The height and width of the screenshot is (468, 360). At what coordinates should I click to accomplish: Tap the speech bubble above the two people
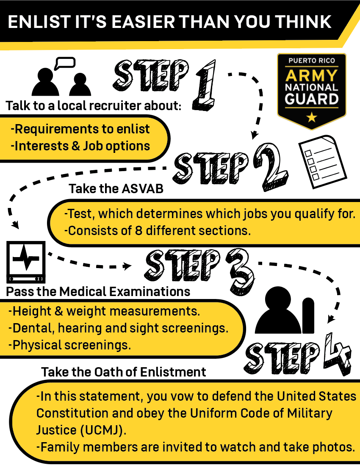pos(65,63)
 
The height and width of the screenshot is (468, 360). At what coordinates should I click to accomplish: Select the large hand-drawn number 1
pos(205,85)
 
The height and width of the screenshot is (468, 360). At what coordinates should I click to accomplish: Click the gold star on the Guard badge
pos(312,117)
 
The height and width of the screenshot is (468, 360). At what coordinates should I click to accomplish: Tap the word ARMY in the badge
pos(312,75)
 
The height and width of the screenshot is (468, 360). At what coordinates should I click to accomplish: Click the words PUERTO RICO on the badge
pos(312,61)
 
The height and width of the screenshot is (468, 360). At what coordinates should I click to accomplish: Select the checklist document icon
pos(323,162)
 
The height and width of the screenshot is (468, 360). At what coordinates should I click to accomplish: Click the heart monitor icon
pos(26,262)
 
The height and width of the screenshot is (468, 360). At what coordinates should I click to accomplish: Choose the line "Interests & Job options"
pos(80,146)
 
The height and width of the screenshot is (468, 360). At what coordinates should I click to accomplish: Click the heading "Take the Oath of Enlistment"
pos(124,372)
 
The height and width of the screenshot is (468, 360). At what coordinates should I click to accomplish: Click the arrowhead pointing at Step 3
pos(128,266)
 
